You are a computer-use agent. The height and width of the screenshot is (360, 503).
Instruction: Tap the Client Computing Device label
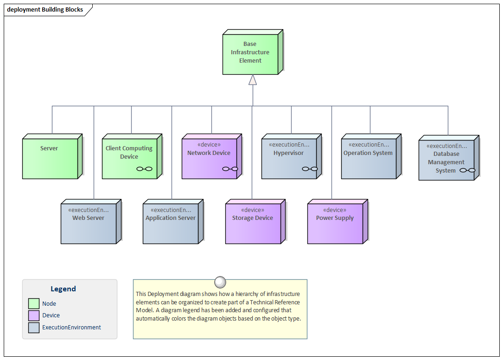point(129,153)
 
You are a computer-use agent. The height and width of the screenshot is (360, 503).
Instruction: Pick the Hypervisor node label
point(288,153)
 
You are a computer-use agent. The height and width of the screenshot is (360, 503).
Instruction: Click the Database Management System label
point(446,162)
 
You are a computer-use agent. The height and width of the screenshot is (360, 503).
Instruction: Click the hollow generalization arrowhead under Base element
point(253,80)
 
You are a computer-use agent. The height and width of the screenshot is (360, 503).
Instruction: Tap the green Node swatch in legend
point(34,303)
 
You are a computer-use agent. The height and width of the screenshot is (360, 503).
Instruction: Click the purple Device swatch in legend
point(34,315)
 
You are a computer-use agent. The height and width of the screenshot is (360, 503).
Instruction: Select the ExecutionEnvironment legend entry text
point(71,328)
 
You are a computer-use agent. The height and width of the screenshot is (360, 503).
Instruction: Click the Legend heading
point(63,289)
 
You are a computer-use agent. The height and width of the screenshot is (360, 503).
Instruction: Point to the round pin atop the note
point(220,282)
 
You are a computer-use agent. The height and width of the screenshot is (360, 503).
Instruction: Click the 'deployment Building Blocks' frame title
point(45,10)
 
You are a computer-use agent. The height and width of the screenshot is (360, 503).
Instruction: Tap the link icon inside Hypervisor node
point(309,169)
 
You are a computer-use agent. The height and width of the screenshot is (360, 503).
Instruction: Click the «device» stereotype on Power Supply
point(335,210)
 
